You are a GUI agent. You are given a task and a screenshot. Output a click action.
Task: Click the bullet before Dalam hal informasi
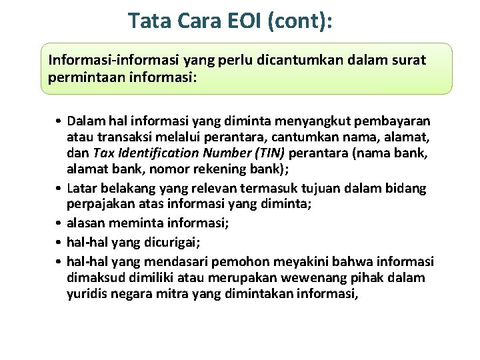pos(59,121)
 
